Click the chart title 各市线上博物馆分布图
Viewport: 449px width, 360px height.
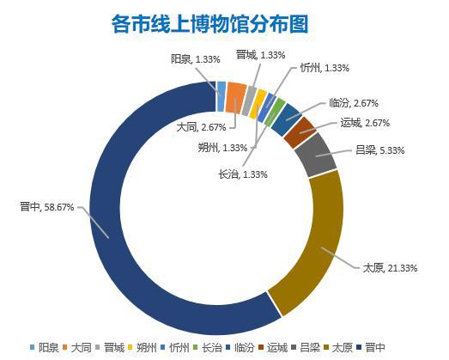coord(209,24)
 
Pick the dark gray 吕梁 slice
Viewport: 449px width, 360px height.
coord(316,155)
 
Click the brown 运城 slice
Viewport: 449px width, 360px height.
coord(300,131)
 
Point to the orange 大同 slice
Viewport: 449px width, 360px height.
coord(235,98)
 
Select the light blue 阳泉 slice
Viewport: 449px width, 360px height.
coord(221,96)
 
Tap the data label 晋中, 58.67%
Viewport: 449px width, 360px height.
coord(47,207)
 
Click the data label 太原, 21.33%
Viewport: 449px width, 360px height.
coord(390,268)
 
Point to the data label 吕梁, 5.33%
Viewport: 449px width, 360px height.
coord(379,150)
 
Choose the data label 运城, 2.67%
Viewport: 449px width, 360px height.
coord(365,123)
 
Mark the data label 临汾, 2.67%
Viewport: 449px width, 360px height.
coord(354,102)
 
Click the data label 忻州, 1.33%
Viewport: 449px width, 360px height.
coord(325,68)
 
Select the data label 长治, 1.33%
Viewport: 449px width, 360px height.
coord(243,174)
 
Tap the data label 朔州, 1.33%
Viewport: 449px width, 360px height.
coord(222,148)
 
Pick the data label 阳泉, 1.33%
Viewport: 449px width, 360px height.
coord(196,59)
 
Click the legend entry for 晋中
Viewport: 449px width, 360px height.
coord(371,348)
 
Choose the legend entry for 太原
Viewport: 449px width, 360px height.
coord(338,348)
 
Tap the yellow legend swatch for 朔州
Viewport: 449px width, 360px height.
coord(130,347)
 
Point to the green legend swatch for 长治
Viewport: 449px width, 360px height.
coord(196,347)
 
